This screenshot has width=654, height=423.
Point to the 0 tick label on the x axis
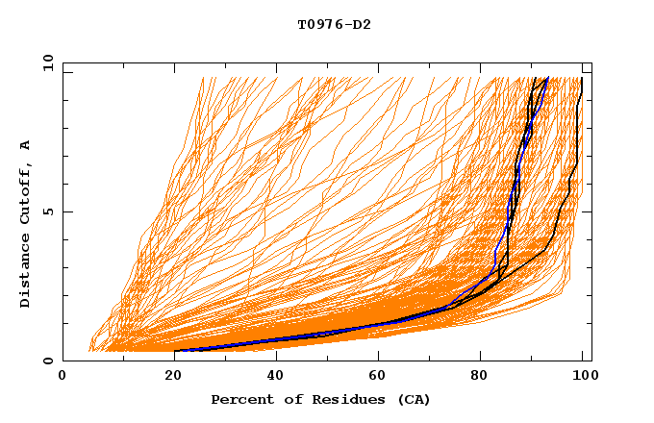pyautogui.click(x=63, y=377)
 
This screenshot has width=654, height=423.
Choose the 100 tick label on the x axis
pyautogui.click(x=583, y=377)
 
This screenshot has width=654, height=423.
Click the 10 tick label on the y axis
pyautogui.click(x=47, y=63)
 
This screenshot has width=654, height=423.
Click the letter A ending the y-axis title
pyautogui.click(x=26, y=144)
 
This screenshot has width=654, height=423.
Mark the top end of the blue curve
pyautogui.click(x=547, y=78)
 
